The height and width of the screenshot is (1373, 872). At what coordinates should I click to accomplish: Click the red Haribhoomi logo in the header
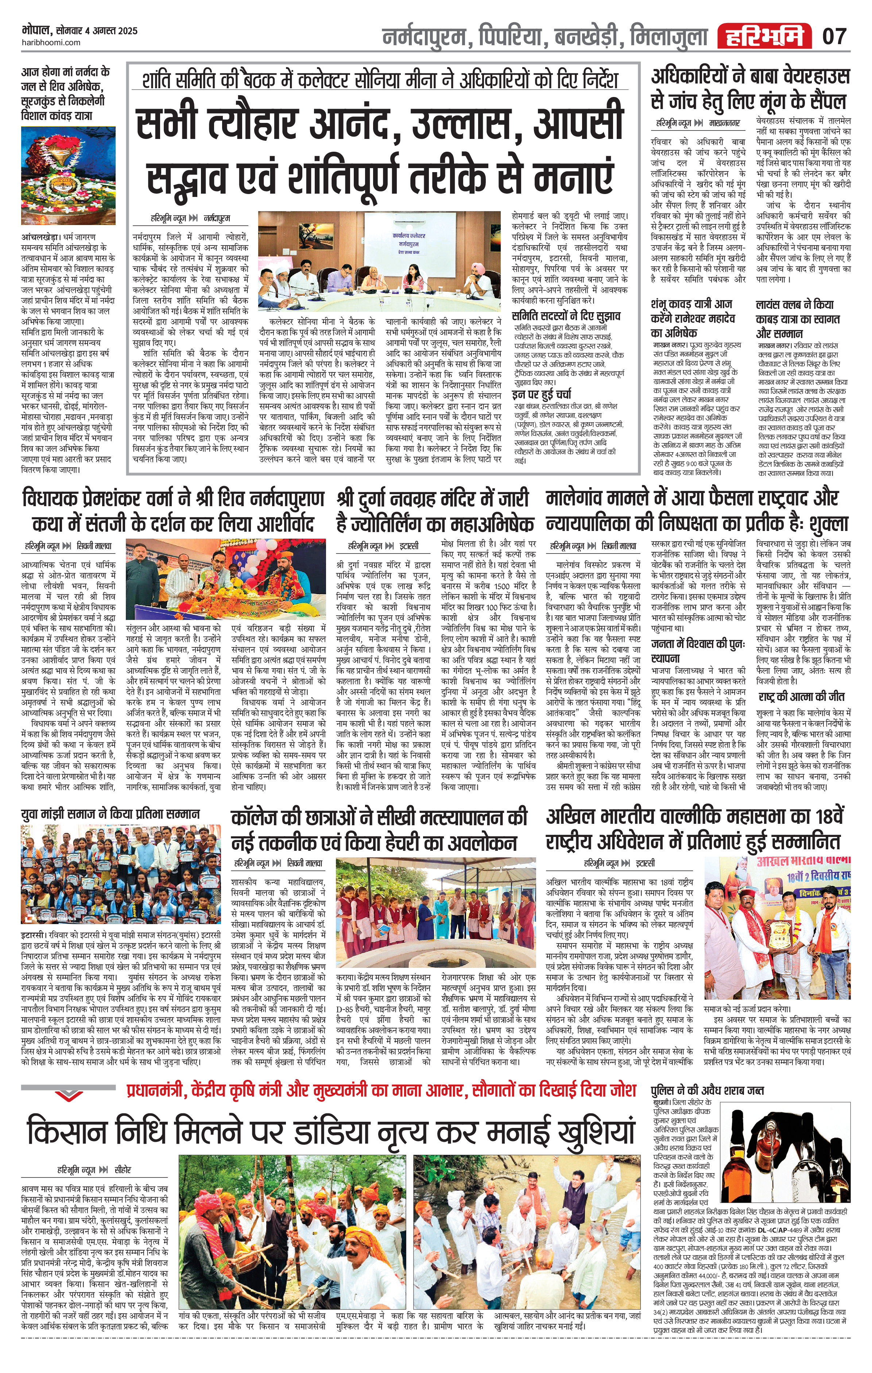764,36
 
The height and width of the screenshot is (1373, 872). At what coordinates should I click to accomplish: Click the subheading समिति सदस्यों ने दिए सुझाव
566,316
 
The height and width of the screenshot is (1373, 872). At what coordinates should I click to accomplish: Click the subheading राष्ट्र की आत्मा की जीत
801,697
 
